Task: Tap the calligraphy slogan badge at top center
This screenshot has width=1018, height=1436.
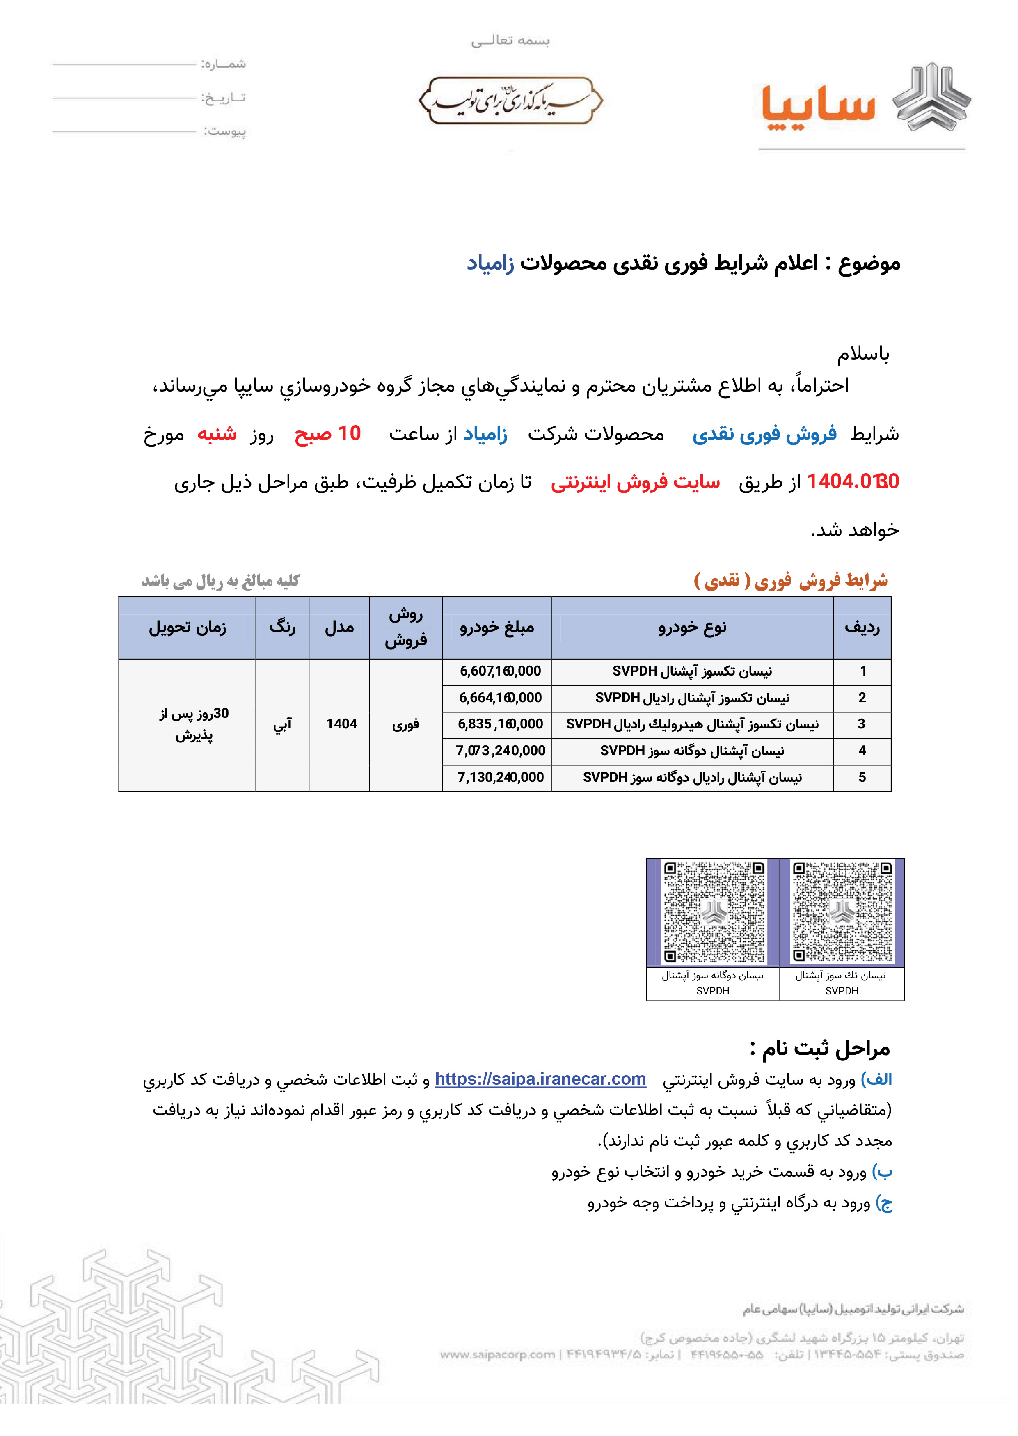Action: click(510, 100)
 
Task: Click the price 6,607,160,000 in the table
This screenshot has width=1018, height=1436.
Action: click(500, 671)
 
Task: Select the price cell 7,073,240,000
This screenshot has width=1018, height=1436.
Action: click(500, 751)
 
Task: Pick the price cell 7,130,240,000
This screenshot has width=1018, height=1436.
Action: click(500, 778)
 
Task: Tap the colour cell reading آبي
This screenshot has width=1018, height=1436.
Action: click(282, 725)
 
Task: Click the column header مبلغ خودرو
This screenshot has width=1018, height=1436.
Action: click(496, 628)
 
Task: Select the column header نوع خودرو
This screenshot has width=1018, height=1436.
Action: click(692, 628)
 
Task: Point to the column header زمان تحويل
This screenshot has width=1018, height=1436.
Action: click(188, 628)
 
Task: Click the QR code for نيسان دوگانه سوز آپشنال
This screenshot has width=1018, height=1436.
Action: click(714, 913)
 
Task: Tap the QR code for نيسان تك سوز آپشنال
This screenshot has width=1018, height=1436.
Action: click(842, 913)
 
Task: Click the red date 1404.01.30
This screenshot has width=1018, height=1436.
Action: click(853, 481)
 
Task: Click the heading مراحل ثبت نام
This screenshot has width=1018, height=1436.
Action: click(820, 1049)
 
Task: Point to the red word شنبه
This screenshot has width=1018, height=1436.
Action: click(217, 434)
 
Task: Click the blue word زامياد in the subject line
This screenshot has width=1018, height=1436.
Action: click(490, 263)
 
